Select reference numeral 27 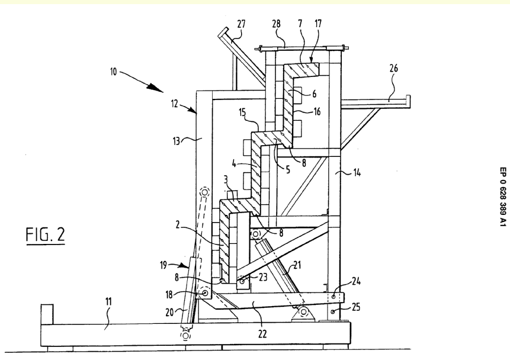(x=241, y=24)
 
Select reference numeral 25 (x=357, y=310)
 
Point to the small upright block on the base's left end (x=46, y=313)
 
